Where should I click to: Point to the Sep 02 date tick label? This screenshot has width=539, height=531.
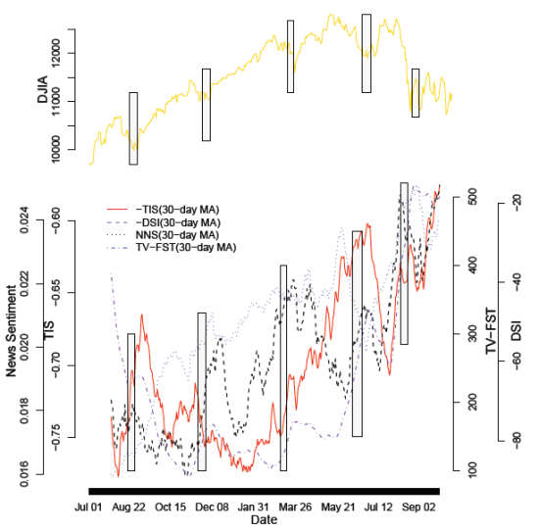point(420,507)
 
